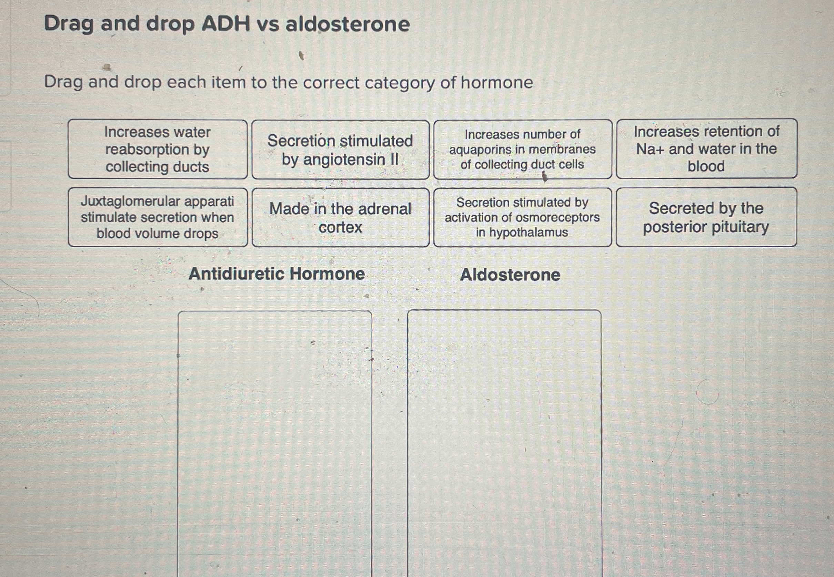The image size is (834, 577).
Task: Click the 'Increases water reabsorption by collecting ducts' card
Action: (158, 149)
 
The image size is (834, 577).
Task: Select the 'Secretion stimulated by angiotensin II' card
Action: (340, 150)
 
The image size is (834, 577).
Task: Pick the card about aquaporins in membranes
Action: (522, 149)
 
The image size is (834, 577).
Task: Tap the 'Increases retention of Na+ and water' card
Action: (706, 148)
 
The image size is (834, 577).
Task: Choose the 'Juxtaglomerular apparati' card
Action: (158, 217)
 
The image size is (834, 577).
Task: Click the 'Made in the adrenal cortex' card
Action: (340, 218)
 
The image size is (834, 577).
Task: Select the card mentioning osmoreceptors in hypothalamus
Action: (522, 217)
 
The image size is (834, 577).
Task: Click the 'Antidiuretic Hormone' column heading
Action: (277, 274)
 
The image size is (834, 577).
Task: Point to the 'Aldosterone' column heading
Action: (510, 275)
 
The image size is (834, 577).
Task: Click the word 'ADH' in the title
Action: (226, 24)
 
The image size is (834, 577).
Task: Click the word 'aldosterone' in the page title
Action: (347, 24)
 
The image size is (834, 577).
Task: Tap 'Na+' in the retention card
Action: (650, 149)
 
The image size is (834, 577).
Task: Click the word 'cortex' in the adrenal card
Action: (340, 227)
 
